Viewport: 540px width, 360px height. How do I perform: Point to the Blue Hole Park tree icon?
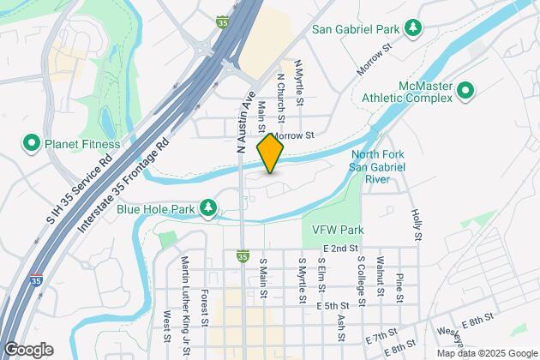[207, 207]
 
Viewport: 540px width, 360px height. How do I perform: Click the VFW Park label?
[339, 230]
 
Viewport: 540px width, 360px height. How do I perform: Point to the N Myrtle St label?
[299, 83]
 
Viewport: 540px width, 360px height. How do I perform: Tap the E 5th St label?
[333, 305]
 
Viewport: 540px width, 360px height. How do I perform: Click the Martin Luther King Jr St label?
[185, 291]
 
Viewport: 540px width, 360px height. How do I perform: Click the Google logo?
[27, 350]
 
